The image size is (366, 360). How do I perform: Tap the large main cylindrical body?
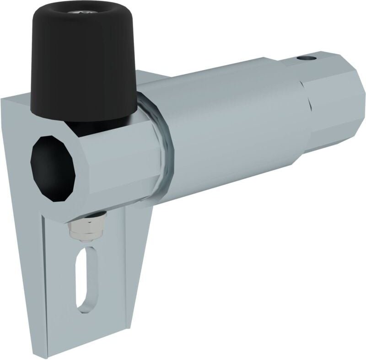coord(229,128)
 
